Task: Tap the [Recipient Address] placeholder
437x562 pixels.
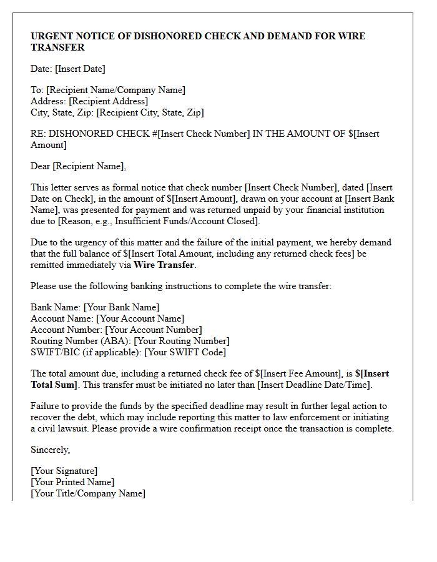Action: tap(109, 101)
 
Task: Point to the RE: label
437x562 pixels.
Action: tap(38, 134)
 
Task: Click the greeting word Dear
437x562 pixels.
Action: tap(40, 166)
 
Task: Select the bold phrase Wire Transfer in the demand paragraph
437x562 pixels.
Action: tap(164, 265)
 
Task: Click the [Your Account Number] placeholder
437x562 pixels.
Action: tap(154, 330)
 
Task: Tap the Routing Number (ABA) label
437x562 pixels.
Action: tap(81, 341)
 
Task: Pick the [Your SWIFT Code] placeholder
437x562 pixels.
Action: tap(185, 352)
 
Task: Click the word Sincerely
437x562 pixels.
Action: tap(50, 450)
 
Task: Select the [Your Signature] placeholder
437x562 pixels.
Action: tap(64, 471)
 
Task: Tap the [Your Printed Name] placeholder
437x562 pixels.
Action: tap(72, 482)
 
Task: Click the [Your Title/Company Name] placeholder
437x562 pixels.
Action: tap(88, 493)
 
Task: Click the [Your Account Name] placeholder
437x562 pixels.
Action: tap(140, 318)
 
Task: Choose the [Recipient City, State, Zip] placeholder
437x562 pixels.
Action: tap(150, 112)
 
